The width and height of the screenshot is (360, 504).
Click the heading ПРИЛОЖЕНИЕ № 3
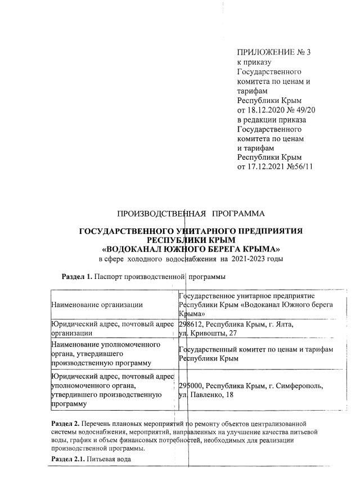(x=274, y=53)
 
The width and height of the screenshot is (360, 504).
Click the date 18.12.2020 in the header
(x=267, y=109)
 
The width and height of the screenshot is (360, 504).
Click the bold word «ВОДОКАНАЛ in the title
(x=131, y=249)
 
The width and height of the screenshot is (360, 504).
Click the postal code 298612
(x=191, y=324)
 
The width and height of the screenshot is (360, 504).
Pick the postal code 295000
(x=191, y=386)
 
